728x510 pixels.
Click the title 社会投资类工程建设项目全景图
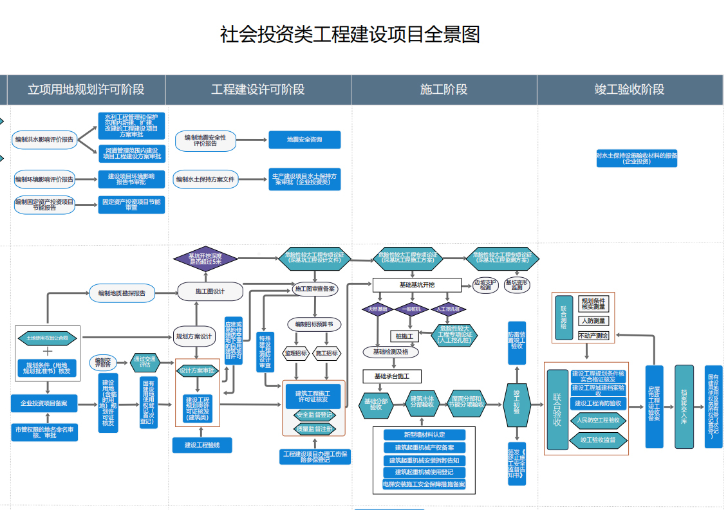[350, 34]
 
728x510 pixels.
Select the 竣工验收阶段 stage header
[629, 89]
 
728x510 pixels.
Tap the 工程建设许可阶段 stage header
[257, 89]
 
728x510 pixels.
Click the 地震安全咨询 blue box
[304, 140]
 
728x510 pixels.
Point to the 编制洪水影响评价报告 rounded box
[44, 140]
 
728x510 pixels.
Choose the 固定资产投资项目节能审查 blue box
[131, 205]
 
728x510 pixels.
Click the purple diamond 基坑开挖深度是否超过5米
[205, 259]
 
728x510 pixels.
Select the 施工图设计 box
[210, 291]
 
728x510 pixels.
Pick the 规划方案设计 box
[193, 336]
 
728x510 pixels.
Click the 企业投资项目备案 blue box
[44, 403]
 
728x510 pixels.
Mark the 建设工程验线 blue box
[202, 444]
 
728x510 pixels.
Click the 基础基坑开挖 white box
[416, 284]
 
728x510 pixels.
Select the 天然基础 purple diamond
[377, 309]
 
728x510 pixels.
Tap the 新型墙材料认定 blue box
[424, 435]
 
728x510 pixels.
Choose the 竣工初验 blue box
[516, 403]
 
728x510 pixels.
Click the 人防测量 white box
[592, 320]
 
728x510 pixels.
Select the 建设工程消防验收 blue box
[597, 403]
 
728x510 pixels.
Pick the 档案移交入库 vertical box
[684, 407]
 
